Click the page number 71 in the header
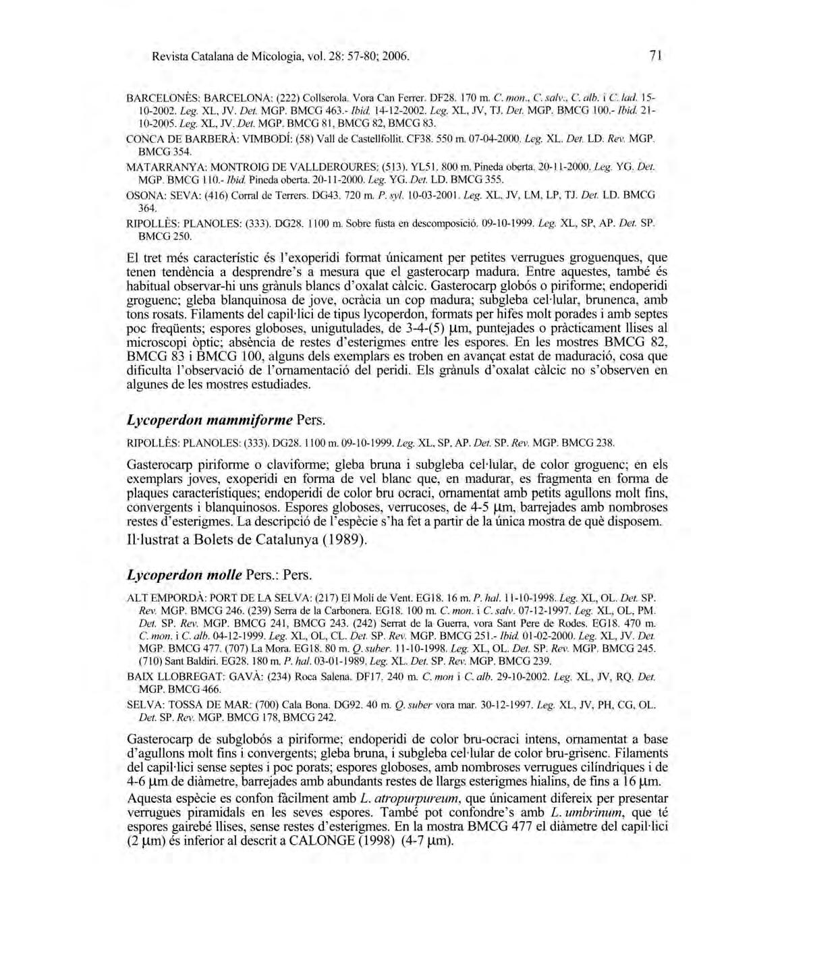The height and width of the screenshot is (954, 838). [654, 56]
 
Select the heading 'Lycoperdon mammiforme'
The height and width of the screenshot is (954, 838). [209, 420]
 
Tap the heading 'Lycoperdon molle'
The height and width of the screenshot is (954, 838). [184, 575]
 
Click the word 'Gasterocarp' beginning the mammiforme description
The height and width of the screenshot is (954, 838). [159, 465]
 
